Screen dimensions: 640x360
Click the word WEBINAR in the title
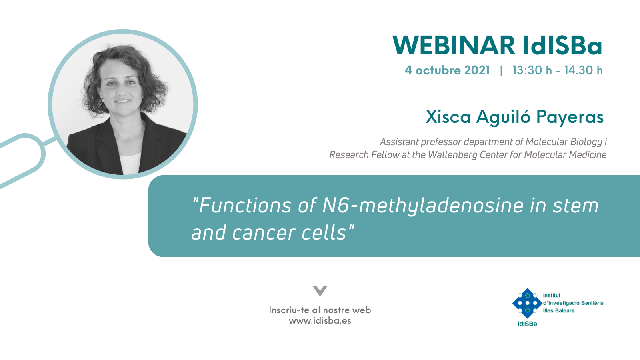[454, 46]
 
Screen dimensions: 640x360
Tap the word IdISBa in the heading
[563, 46]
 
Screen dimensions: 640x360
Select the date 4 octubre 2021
[447, 70]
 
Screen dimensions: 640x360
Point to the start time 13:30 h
[532, 70]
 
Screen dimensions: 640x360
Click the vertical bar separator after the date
[501, 70]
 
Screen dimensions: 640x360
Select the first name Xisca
[448, 116]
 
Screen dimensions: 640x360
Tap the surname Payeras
[570, 117]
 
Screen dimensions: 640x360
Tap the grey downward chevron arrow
[320, 290]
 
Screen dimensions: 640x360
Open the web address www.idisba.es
[320, 320]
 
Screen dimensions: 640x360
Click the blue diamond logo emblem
[527, 303]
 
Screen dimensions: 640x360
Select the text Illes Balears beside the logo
[558, 310]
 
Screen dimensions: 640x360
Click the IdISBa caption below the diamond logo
[528, 324]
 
